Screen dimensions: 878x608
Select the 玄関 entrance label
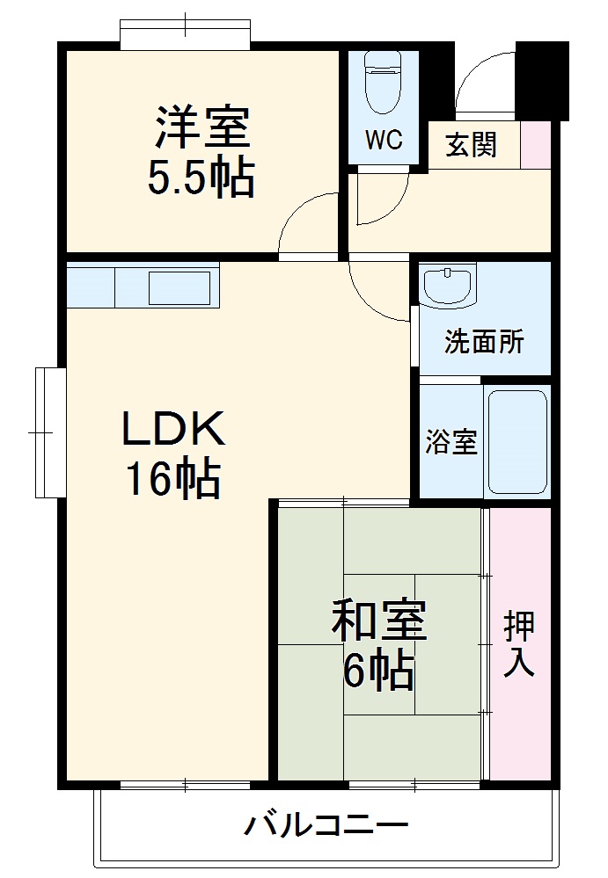472,145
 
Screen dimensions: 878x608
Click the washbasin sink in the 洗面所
448,285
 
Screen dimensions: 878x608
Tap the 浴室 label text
451,442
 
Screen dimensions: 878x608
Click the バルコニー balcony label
326,826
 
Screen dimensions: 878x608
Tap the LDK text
173,429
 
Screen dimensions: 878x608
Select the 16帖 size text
172,479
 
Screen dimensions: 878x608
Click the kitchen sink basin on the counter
179,288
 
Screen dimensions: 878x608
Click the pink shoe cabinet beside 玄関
535,145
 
